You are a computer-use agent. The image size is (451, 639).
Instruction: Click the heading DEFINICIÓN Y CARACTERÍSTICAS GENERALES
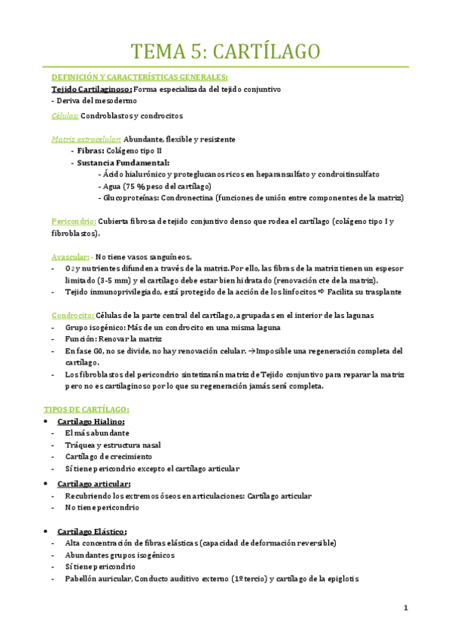(x=139, y=77)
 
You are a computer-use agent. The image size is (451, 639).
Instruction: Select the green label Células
(x=64, y=116)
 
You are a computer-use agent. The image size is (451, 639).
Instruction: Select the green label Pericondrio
(x=73, y=222)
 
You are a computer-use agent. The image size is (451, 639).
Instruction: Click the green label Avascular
(x=70, y=256)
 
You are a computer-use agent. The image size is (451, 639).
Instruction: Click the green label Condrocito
(x=72, y=315)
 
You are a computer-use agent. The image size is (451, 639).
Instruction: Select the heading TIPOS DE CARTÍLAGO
(x=87, y=409)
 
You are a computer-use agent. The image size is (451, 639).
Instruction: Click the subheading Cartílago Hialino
(x=94, y=421)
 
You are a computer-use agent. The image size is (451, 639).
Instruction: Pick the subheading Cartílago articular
(x=98, y=483)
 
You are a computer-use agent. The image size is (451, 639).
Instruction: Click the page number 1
(x=405, y=608)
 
